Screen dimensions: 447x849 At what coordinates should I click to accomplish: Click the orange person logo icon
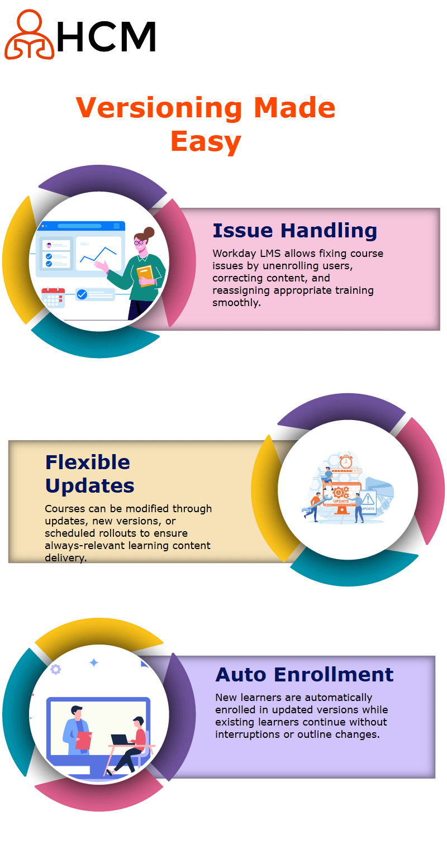(29, 35)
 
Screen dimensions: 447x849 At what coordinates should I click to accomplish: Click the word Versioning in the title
(159, 108)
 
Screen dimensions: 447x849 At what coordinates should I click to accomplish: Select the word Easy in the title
(206, 141)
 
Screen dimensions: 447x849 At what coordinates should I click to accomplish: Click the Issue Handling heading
(294, 231)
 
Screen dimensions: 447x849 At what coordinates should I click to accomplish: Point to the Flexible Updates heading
(89, 474)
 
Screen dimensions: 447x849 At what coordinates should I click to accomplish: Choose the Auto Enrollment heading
(305, 675)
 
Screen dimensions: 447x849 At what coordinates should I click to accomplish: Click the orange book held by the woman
(146, 275)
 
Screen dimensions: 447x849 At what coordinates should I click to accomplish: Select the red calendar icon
(53, 298)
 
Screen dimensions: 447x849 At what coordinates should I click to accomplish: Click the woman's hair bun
(149, 232)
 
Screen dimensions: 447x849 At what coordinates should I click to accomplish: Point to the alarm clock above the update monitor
(346, 461)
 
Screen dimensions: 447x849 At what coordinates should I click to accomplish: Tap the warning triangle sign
(368, 498)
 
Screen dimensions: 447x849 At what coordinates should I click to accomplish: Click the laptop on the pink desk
(120, 740)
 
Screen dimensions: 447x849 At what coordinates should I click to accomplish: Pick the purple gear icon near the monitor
(56, 669)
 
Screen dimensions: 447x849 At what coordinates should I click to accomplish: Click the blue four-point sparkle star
(94, 662)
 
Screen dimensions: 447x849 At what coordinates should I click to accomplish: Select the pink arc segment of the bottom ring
(99, 798)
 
